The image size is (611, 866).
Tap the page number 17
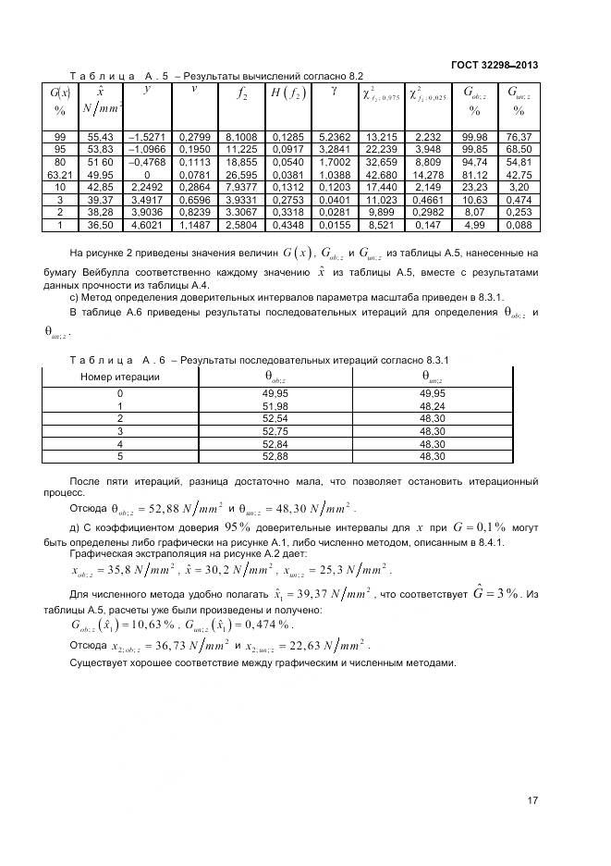coord(532,801)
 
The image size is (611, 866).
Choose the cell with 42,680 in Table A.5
coord(382,174)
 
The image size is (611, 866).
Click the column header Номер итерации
coord(120,377)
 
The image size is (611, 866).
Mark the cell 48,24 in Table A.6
coord(432,405)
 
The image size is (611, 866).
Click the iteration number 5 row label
coord(120,455)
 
